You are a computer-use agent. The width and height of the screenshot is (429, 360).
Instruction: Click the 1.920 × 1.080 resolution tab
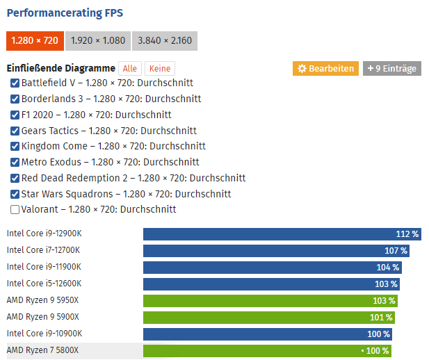click(97, 41)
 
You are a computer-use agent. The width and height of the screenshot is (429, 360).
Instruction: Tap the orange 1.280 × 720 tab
click(35, 41)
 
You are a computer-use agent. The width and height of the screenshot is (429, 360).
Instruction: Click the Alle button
click(129, 69)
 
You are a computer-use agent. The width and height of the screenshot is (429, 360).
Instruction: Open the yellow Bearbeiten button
click(325, 68)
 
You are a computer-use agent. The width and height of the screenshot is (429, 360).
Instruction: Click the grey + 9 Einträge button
click(391, 68)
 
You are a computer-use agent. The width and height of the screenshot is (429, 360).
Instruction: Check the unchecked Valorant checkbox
click(15, 209)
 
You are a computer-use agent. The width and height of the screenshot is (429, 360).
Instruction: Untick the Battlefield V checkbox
click(15, 83)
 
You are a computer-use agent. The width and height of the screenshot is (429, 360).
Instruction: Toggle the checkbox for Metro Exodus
click(15, 163)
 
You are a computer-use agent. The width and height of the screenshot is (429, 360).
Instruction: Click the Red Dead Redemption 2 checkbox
click(15, 178)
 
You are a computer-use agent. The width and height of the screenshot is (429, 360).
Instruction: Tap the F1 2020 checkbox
click(15, 115)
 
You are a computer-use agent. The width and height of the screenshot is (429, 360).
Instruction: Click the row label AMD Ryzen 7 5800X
click(43, 350)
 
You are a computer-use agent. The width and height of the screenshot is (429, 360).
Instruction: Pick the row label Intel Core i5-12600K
click(44, 284)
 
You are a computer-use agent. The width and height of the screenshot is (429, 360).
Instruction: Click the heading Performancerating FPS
click(65, 13)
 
